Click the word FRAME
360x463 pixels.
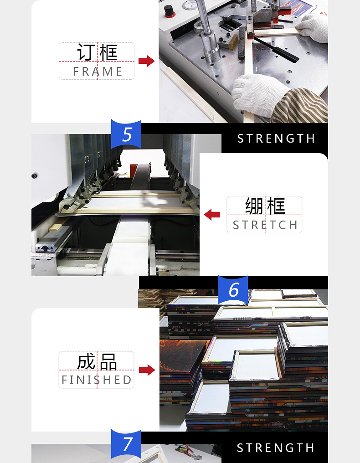[98, 72]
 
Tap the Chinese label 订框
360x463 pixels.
[97, 52]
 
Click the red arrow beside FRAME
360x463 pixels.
[146, 61]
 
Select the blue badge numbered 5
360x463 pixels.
[126, 134]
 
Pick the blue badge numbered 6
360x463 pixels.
[233, 290]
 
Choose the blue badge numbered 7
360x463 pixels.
[126, 444]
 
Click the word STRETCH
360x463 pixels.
[265, 225]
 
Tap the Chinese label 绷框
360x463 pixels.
[265, 206]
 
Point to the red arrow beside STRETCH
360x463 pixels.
[212, 214]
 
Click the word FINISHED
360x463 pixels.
[97, 380]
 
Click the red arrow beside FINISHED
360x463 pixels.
[147, 370]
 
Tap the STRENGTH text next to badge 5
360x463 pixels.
[276, 138]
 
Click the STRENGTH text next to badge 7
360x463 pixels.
[276, 448]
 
